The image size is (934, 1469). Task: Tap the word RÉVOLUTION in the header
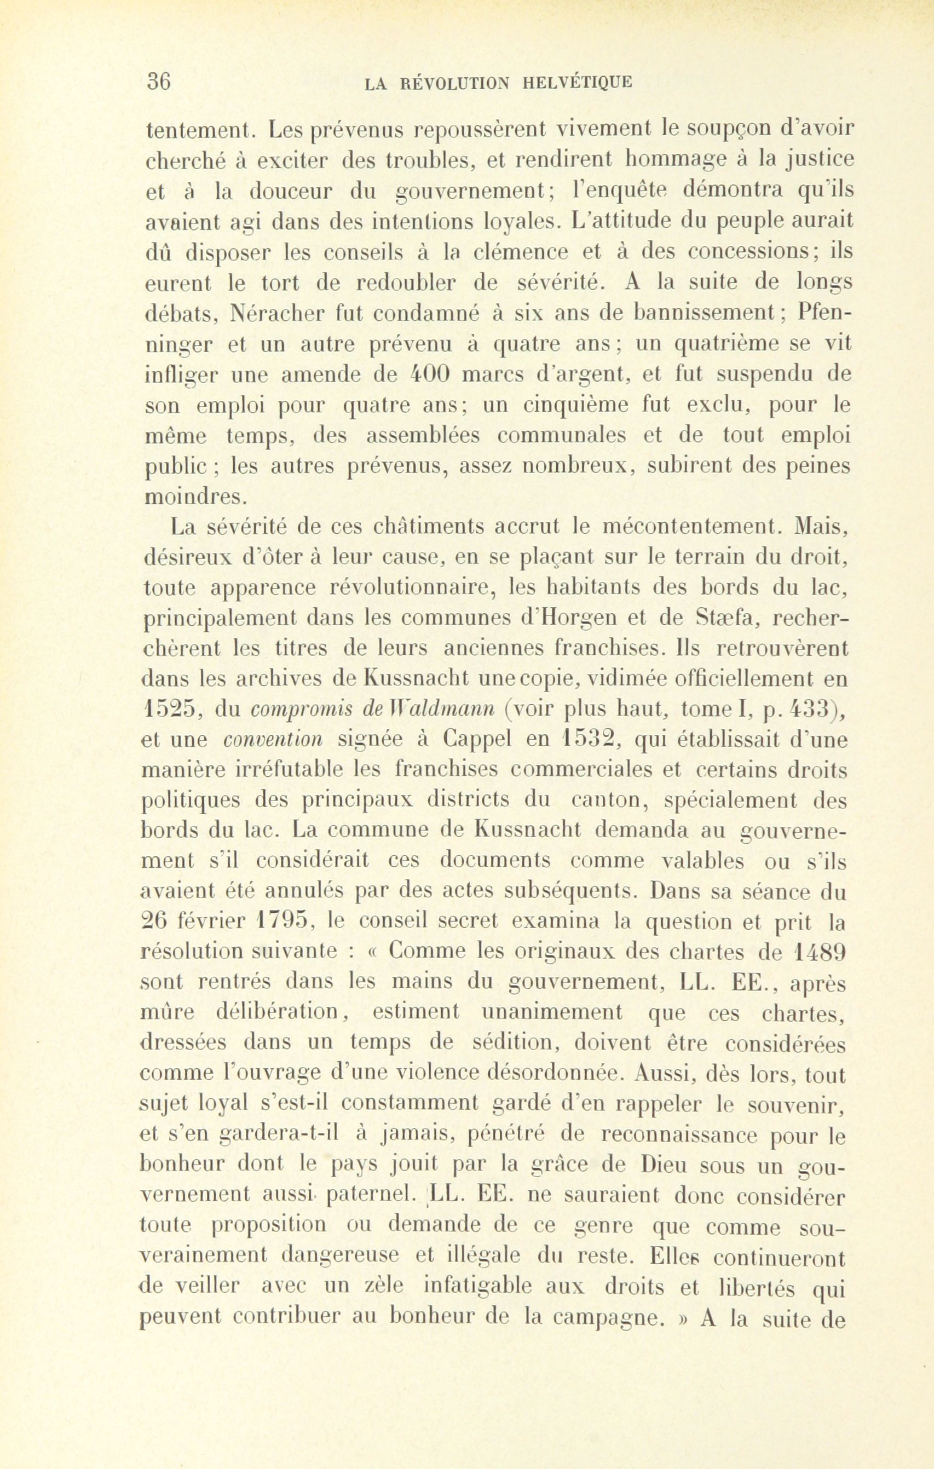point(454,82)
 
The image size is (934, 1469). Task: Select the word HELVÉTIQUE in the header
point(578,82)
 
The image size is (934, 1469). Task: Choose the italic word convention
point(273,741)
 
